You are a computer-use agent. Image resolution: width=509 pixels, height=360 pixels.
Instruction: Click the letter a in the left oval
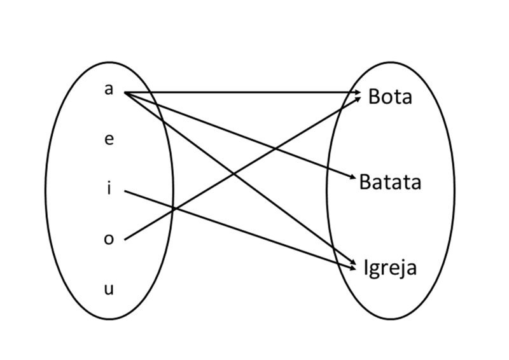click(x=108, y=90)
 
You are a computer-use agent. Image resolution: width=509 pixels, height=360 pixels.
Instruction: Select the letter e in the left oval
click(x=109, y=140)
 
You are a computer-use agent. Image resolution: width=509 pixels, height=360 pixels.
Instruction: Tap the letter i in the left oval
click(x=109, y=189)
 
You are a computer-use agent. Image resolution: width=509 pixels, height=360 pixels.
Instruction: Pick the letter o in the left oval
click(x=109, y=239)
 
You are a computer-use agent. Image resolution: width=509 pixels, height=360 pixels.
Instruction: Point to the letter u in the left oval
click(x=109, y=289)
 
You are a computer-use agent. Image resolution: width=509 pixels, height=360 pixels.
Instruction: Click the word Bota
click(x=390, y=97)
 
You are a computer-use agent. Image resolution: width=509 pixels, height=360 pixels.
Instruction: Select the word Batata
click(x=390, y=183)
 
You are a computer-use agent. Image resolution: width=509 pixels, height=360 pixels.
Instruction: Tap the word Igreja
click(x=390, y=268)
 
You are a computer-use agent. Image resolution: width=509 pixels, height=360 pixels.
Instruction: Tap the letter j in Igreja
click(x=403, y=269)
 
